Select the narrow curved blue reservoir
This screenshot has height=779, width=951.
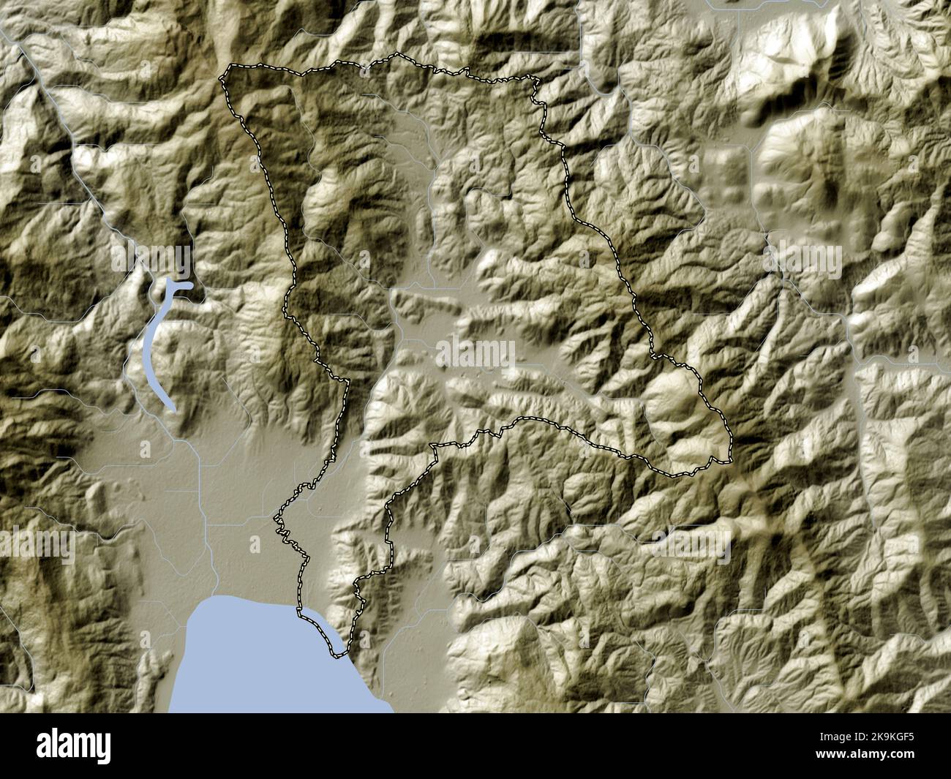(x=153, y=344)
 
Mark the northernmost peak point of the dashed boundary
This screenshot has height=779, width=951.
(x=396, y=55)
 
